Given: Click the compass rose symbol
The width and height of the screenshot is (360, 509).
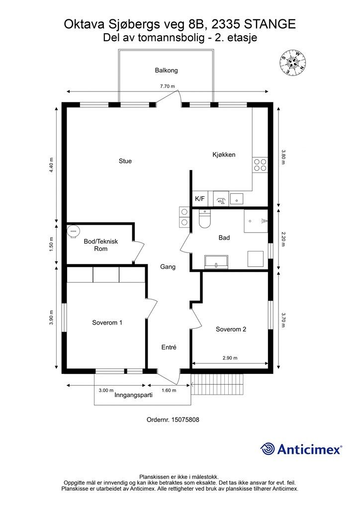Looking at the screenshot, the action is pyautogui.click(x=293, y=62).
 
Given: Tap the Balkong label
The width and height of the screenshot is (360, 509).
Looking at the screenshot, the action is pyautogui.click(x=166, y=71).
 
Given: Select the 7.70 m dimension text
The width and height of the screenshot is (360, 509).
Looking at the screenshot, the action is pyautogui.click(x=167, y=86).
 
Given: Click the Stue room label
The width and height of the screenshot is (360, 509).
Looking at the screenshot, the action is pyautogui.click(x=125, y=161).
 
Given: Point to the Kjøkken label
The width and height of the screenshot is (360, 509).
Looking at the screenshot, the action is pyautogui.click(x=224, y=155).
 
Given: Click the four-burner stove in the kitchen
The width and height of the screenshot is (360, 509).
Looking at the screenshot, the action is pyautogui.click(x=261, y=165).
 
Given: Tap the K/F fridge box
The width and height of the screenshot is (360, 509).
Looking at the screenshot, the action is pyautogui.click(x=200, y=199).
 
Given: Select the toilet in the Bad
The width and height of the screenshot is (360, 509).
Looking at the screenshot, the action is pyautogui.click(x=204, y=219).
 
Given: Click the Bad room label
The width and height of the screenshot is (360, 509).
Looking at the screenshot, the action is pyautogui.click(x=224, y=238).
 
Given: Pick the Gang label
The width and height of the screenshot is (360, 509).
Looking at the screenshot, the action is pyautogui.click(x=168, y=267).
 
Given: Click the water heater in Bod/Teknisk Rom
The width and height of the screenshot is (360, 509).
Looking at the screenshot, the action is pyautogui.click(x=74, y=231).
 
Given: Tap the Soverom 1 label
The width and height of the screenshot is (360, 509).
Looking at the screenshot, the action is pyautogui.click(x=107, y=323).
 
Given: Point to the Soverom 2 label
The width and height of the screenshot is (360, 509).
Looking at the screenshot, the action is pyautogui.click(x=231, y=329).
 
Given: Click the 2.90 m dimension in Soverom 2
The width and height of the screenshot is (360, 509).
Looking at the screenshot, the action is pyautogui.click(x=230, y=358).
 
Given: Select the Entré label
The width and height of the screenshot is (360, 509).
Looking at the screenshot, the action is pyautogui.click(x=169, y=347).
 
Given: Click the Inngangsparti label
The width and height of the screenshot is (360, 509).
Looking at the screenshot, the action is pyautogui.click(x=133, y=395).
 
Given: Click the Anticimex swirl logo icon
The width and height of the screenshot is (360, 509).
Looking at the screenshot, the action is pyautogui.click(x=268, y=449).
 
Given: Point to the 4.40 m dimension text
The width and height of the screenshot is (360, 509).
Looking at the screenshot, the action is pyautogui.click(x=51, y=166).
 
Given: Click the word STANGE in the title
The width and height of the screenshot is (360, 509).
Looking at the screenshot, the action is pyautogui.click(x=270, y=25).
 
